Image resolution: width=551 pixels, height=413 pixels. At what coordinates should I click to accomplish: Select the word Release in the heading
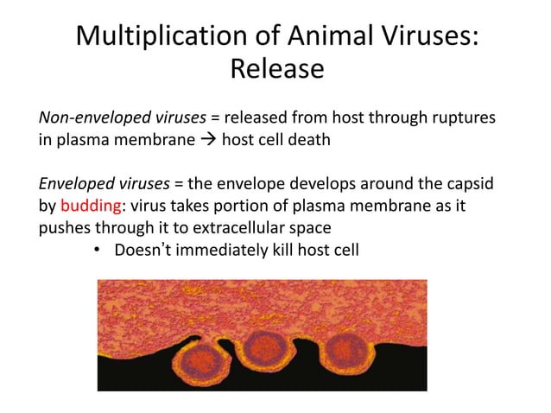click(x=276, y=68)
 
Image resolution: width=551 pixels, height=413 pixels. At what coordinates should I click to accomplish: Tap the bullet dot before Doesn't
click(x=98, y=251)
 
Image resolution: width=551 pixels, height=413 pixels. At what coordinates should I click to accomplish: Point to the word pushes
click(x=64, y=229)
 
